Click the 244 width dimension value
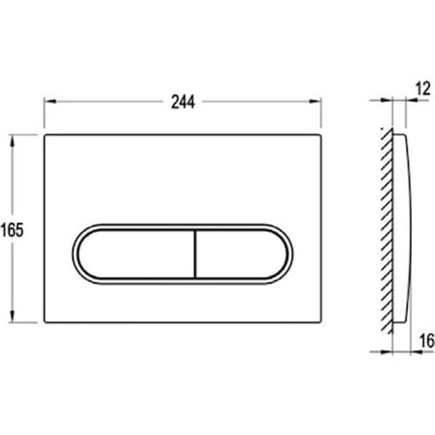(183, 102)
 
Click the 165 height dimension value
(12, 230)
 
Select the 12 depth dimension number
(423, 88)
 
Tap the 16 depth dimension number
(426, 341)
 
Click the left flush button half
(136, 254)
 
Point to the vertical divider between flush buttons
(195, 254)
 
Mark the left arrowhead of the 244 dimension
(50, 101)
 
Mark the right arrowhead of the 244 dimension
(316, 101)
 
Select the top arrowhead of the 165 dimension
(13, 141)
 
